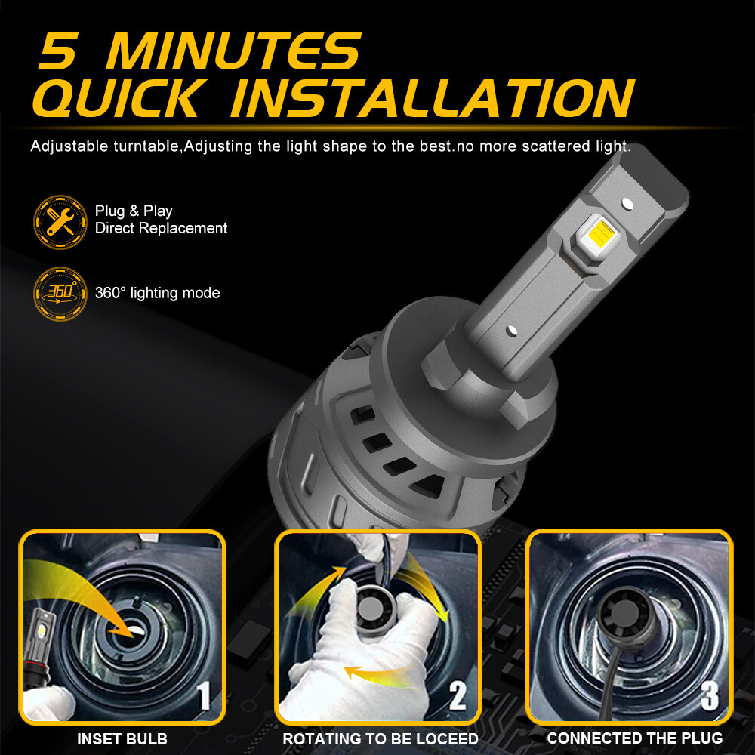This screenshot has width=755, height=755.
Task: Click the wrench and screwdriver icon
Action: (60, 219)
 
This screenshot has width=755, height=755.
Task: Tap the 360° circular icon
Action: (60, 292)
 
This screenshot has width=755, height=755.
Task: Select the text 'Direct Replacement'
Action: (161, 228)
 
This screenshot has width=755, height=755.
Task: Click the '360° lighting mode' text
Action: (158, 293)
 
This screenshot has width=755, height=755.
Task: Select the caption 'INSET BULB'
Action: (122, 739)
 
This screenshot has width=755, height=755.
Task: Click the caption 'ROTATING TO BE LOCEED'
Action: (381, 739)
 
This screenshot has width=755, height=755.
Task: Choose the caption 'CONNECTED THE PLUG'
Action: (634, 738)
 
